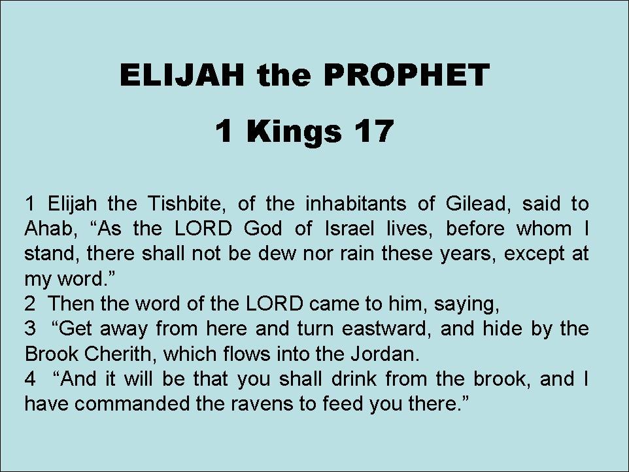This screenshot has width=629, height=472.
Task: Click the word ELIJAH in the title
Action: pos(182,75)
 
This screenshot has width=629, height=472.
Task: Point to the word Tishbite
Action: pos(184,204)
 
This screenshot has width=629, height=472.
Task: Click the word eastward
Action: pos(384,329)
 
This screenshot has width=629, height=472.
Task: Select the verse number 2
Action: pos(29,303)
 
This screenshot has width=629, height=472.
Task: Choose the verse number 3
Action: pos(29,329)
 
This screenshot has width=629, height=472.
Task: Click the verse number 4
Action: pos(30,379)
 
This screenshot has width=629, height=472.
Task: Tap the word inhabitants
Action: pos(356,204)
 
